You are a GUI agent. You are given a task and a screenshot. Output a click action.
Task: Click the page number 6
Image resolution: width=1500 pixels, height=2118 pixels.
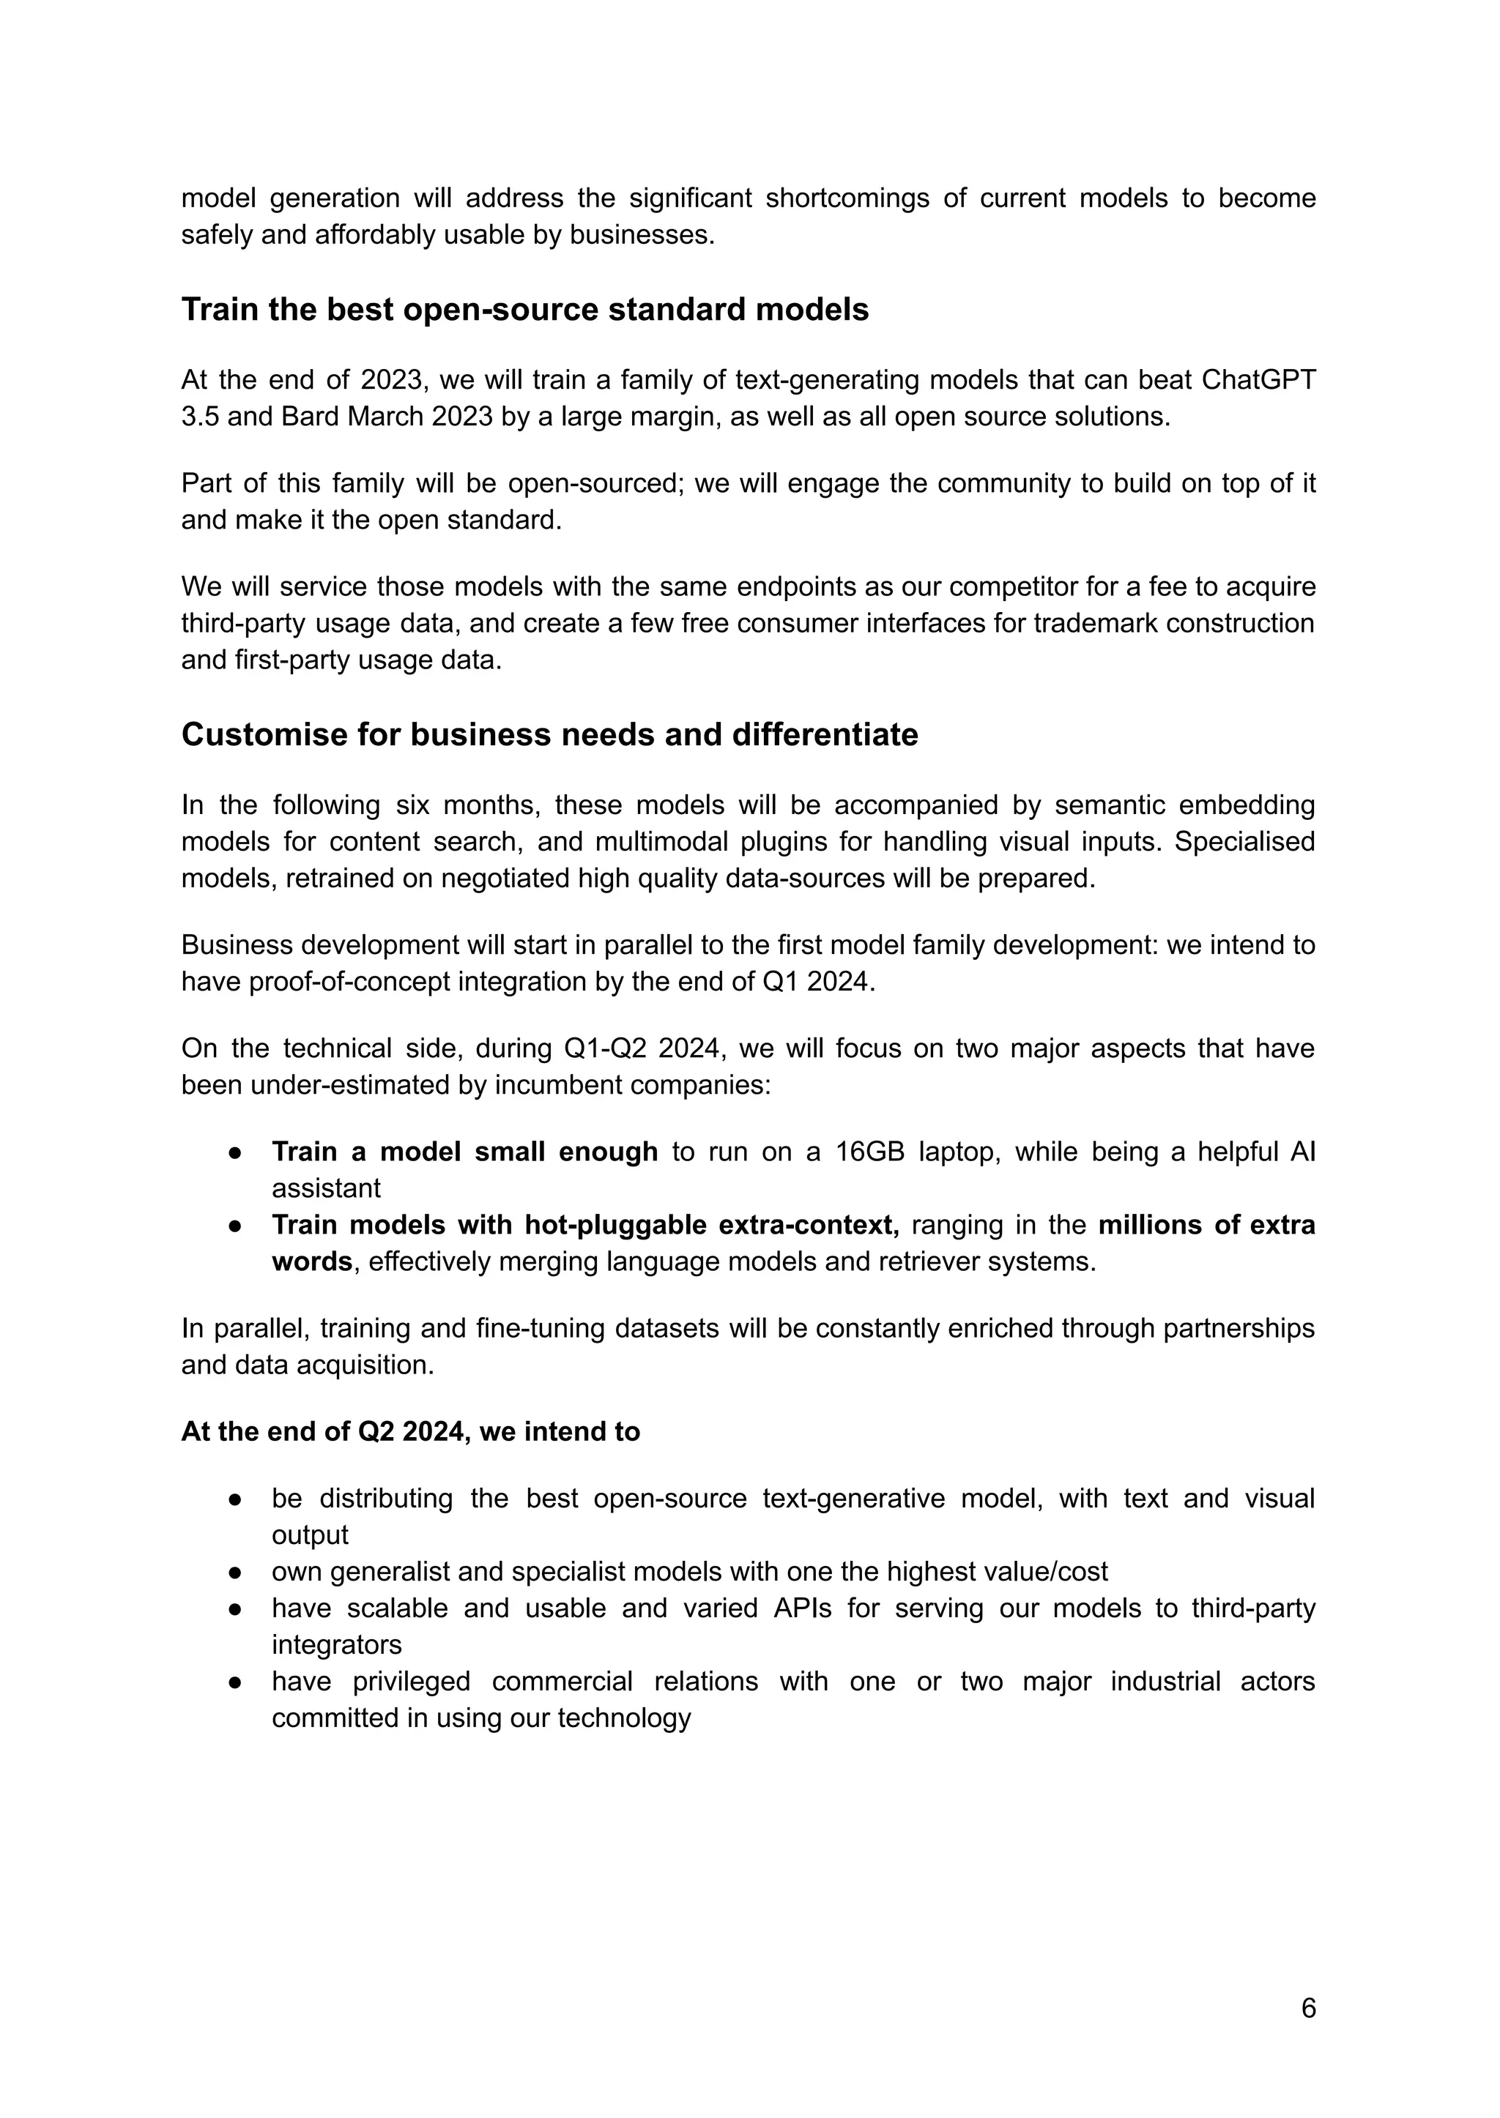pyautogui.click(x=1308, y=2008)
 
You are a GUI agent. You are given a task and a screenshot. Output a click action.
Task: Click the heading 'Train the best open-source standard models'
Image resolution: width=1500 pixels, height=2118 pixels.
pyautogui.click(x=524, y=309)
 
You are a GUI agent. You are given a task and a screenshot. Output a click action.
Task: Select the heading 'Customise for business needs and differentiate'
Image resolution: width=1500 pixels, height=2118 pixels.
pyautogui.click(x=549, y=734)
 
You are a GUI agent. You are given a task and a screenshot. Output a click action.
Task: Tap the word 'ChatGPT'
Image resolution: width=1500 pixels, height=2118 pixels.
pyautogui.click(x=1259, y=381)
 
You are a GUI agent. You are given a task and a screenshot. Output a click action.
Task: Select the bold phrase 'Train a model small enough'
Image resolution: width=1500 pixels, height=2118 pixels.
pyautogui.click(x=464, y=1152)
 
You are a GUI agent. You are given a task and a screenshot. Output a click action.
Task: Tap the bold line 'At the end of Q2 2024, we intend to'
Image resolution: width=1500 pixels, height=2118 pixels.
pyautogui.click(x=410, y=1432)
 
